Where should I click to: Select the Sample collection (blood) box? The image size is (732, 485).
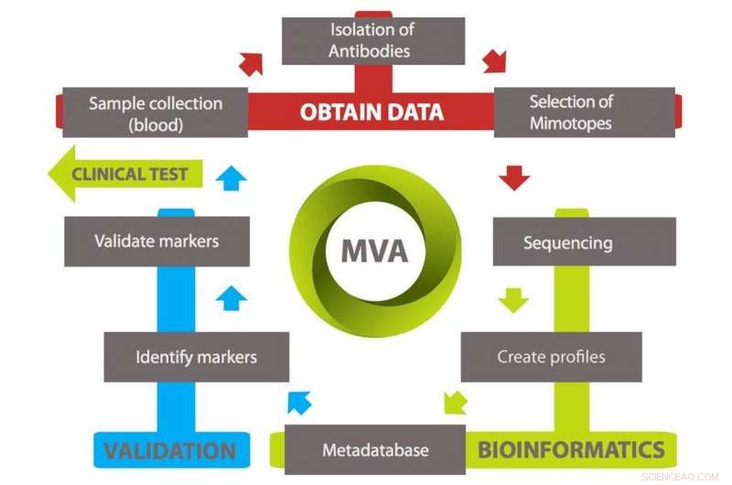(x=155, y=113)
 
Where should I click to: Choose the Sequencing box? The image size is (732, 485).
(x=567, y=242)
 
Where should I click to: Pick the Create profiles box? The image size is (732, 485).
(x=551, y=357)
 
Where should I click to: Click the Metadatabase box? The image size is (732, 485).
(x=375, y=450)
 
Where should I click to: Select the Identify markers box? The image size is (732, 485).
(x=196, y=356)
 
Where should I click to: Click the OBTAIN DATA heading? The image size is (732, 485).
(x=371, y=113)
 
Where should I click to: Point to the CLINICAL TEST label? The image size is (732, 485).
(x=129, y=174)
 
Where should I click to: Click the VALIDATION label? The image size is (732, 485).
(x=169, y=450)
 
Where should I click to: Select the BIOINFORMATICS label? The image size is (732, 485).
(x=572, y=449)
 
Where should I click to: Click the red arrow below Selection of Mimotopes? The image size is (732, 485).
(x=516, y=177)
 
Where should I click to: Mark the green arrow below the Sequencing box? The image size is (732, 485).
(x=513, y=299)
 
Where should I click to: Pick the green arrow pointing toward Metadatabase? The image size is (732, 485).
(x=455, y=402)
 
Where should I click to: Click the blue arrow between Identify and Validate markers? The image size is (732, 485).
(x=231, y=297)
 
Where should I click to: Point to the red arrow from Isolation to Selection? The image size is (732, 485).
(x=494, y=61)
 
